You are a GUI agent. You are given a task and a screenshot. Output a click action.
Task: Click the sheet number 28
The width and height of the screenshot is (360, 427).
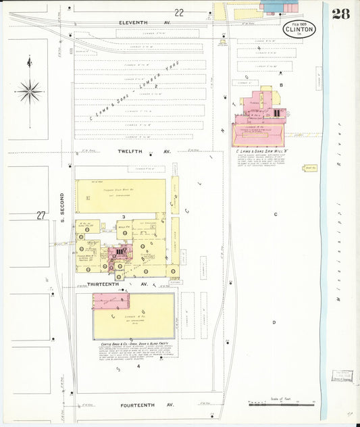pyautogui.click(x=340, y=14)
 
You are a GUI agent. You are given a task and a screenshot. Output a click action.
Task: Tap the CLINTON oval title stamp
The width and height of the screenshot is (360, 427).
pyautogui.click(x=299, y=29)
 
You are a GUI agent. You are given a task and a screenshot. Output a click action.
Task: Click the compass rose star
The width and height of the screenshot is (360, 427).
pyautogui.click(x=28, y=91)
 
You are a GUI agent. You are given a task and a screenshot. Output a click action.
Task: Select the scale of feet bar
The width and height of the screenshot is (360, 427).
pyautogui.click(x=282, y=404)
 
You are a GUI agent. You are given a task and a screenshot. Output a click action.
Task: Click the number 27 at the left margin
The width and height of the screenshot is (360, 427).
pyautogui.click(x=41, y=216)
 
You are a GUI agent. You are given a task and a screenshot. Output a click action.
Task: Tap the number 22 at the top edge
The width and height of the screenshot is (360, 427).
pyautogui.click(x=178, y=12)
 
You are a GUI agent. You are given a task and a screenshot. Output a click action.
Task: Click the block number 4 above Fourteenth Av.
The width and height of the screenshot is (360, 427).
pyautogui.click(x=138, y=367)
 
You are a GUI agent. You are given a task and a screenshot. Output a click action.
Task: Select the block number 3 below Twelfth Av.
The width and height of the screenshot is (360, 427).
pyautogui.click(x=123, y=217)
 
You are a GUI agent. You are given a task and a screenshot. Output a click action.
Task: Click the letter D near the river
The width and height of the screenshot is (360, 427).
pyautogui.click(x=274, y=322)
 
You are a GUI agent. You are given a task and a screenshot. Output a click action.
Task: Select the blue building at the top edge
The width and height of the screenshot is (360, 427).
pyautogui.click(x=273, y=6)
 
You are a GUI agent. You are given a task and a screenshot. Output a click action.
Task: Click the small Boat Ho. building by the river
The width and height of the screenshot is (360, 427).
pyautogui.click(x=310, y=168)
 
